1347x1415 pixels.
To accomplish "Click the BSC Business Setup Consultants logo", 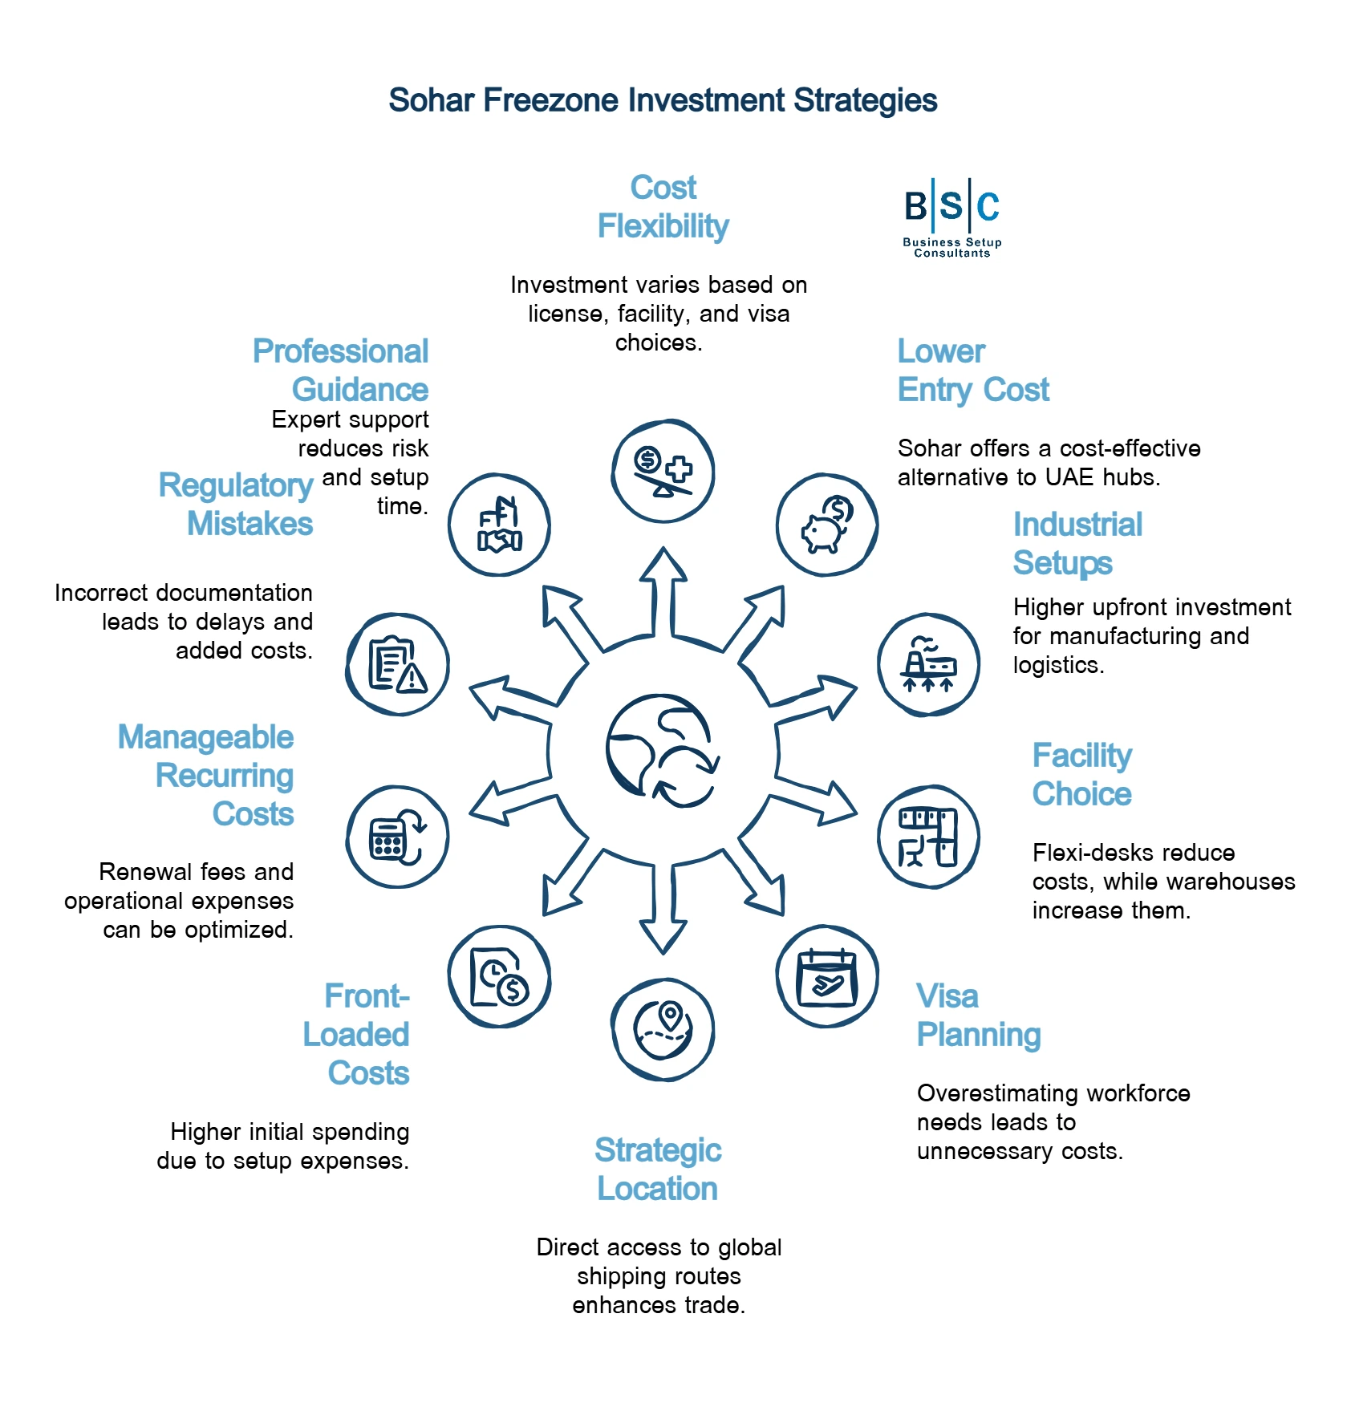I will pyautogui.click(x=951, y=217).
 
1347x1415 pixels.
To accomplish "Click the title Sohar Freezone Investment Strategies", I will pyautogui.click(x=663, y=101).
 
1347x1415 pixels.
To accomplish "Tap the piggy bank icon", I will pyautogui.click(x=827, y=525).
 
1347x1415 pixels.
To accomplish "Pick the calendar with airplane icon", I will pyautogui.click(x=827, y=977).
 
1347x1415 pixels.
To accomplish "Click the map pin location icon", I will pyautogui.click(x=663, y=1029).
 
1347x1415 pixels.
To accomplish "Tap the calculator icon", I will pyautogui.click(x=397, y=837).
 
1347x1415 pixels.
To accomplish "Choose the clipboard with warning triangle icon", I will pyautogui.click(x=397, y=664).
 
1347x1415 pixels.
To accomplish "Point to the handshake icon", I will pyautogui.click(x=499, y=525).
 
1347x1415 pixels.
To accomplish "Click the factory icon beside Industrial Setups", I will pyautogui.click(x=928, y=664).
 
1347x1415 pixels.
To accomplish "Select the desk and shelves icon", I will pyautogui.click(x=928, y=837).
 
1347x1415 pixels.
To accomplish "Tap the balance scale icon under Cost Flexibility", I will pyautogui.click(x=663, y=471).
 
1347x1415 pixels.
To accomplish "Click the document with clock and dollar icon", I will pyautogui.click(x=499, y=977).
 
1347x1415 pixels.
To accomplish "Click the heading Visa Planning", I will pyautogui.click(x=979, y=1016).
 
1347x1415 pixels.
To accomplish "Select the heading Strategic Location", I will pyautogui.click(x=658, y=1170).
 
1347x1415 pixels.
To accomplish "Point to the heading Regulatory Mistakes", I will pyautogui.click(x=236, y=505).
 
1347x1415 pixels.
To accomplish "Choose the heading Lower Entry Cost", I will pyautogui.click(x=972, y=371).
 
